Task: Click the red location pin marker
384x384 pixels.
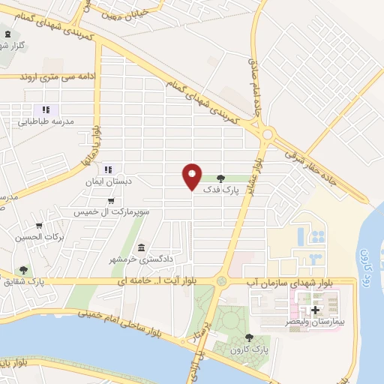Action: coord(192,175)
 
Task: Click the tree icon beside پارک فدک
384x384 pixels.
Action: coord(220,178)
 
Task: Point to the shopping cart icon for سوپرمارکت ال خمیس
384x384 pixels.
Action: coord(111,201)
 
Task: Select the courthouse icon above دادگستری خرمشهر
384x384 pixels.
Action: coord(141,247)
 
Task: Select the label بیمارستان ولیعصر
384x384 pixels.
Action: coord(315,321)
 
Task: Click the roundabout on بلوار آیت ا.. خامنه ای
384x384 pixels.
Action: coord(221,280)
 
